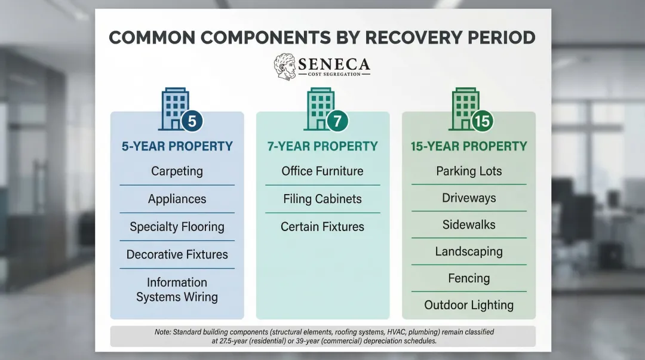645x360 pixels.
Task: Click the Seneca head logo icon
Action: point(284,67)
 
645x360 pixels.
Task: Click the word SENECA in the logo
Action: point(334,63)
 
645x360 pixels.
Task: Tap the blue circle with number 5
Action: point(192,121)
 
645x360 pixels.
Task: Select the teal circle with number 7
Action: point(337,121)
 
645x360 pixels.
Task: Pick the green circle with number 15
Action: point(481,121)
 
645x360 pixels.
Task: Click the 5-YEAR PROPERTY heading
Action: point(177,146)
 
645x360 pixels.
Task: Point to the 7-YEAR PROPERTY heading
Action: point(322,146)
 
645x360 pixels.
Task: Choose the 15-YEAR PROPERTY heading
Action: point(469,146)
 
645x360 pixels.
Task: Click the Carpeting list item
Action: point(177,171)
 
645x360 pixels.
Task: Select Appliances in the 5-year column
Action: point(177,199)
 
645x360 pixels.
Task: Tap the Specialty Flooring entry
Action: point(177,227)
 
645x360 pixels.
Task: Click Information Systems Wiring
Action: point(177,290)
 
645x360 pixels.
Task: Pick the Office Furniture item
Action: point(322,171)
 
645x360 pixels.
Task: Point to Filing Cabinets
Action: point(322,199)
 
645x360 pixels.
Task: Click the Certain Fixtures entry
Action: point(322,227)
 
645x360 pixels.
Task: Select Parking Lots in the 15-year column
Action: point(469,171)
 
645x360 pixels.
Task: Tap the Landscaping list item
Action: point(469,251)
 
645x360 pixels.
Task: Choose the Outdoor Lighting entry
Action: point(469,305)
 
